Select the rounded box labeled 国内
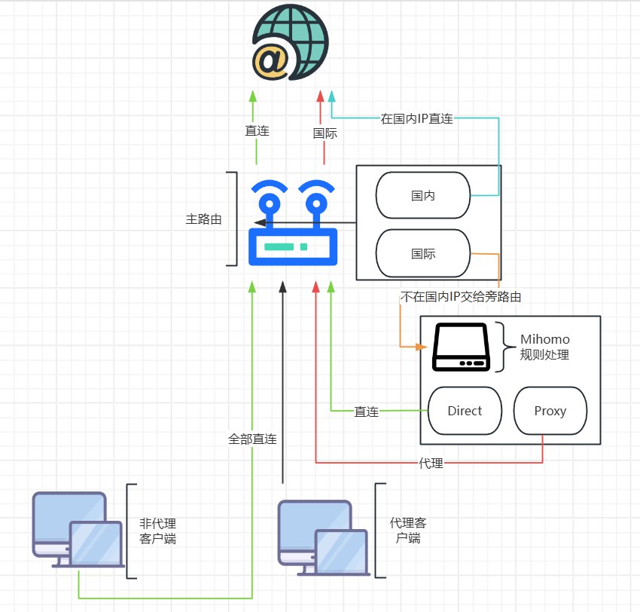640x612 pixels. pos(423,195)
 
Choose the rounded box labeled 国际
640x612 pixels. pos(423,254)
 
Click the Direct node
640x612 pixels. pos(465,412)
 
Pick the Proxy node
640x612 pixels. pos(550,412)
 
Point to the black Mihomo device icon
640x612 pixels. pos(461,347)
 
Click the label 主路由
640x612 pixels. pos(204,219)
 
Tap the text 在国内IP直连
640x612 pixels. pos(417,118)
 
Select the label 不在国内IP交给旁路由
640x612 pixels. pos(461,297)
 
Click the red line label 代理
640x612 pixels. pos(431,464)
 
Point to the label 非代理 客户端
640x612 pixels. pos(158,531)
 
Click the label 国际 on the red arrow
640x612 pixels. pos(325,133)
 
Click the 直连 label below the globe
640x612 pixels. pos(257,130)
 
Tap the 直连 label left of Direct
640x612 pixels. pos(367,412)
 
